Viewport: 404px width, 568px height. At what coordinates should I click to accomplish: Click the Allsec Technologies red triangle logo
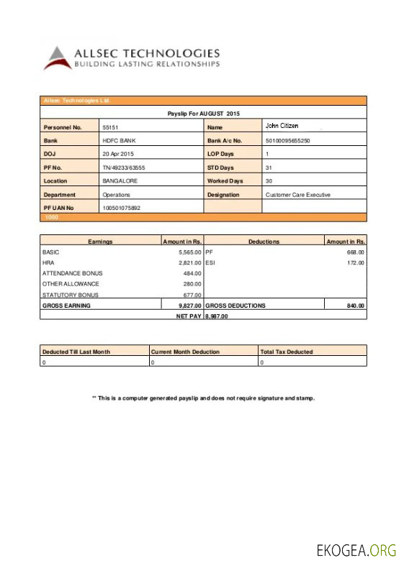(58, 58)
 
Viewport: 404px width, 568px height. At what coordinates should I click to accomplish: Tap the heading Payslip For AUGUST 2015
(203, 114)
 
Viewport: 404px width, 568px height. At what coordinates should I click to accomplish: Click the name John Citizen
(282, 127)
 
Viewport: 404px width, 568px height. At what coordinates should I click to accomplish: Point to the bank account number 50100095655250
(287, 141)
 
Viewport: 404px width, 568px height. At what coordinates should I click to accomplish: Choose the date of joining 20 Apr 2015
(118, 154)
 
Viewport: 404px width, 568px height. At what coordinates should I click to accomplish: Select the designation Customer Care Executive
(298, 195)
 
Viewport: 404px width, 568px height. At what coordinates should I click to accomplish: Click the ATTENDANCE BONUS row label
(73, 273)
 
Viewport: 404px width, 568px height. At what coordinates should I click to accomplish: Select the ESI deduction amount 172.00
(356, 263)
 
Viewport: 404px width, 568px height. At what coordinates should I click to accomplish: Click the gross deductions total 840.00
(356, 306)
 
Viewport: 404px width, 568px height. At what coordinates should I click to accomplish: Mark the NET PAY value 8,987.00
(217, 316)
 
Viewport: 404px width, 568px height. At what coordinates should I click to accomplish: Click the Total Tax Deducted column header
(287, 352)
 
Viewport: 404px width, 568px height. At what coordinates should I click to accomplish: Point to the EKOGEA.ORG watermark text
(356, 551)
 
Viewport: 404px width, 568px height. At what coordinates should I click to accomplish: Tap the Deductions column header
(264, 242)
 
